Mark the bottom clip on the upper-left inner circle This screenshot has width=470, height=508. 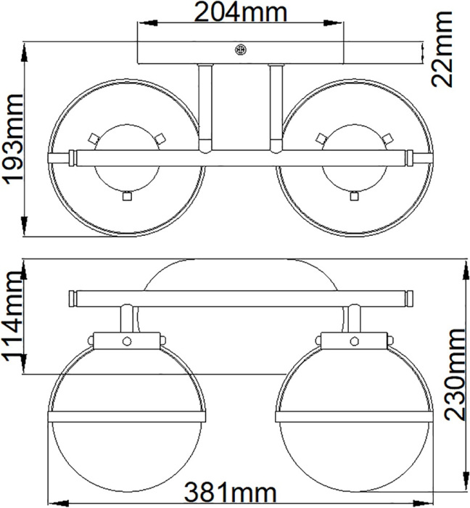coord(126,194)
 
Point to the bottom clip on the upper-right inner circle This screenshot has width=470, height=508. coord(354,194)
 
